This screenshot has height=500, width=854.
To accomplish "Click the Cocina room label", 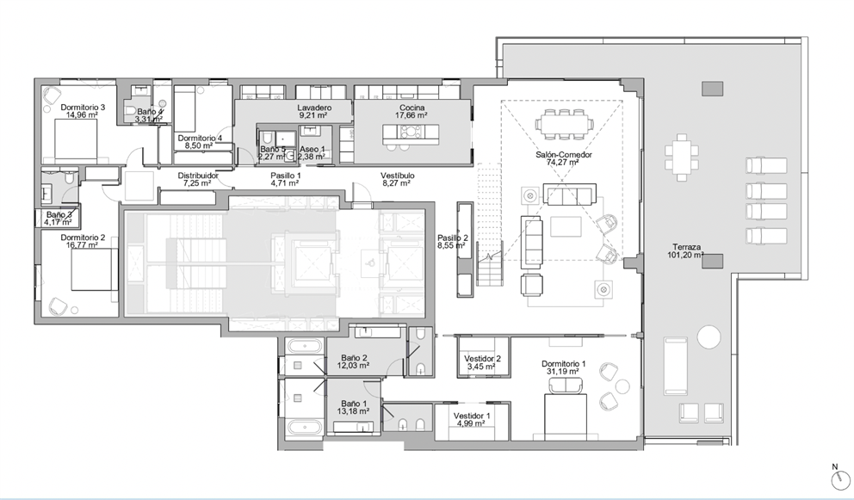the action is tap(412, 108).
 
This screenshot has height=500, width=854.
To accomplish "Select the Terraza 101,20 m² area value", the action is tap(686, 255).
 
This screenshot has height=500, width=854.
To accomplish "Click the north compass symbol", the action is tap(840, 480).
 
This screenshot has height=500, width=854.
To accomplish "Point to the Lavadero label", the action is tap(314, 108).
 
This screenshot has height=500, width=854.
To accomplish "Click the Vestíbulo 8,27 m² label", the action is tap(397, 180).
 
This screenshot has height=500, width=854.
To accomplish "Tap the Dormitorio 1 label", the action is tap(564, 364).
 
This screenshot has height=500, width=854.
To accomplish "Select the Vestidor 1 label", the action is tap(472, 417).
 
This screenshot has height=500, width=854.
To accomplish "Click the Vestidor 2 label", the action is tap(483, 359).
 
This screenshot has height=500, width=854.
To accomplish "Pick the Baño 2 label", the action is tap(354, 358).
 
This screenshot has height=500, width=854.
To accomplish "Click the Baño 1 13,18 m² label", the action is tap(354, 408).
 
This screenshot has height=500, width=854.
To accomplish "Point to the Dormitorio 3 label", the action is tap(83, 108).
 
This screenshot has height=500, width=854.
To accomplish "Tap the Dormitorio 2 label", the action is tap(83, 238).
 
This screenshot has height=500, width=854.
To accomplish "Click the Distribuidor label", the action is tap(198, 176).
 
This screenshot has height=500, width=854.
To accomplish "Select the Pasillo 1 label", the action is tap(286, 176).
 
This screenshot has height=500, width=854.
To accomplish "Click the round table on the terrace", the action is tap(709, 336).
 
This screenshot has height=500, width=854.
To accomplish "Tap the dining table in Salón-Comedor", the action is tap(564, 122).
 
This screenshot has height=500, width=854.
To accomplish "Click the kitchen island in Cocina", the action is tap(410, 133).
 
